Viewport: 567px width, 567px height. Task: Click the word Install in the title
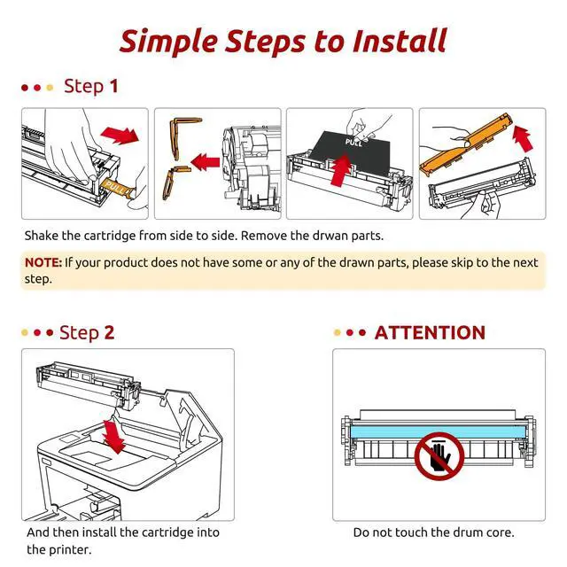(x=400, y=41)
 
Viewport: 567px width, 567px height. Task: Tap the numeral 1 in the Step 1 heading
(x=114, y=87)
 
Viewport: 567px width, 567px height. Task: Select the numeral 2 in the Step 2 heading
(x=109, y=332)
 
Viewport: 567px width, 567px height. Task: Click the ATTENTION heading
(x=430, y=333)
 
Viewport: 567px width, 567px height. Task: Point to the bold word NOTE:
(x=43, y=262)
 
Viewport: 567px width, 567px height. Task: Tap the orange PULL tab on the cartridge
(x=117, y=187)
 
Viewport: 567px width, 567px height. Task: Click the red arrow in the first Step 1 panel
(x=120, y=136)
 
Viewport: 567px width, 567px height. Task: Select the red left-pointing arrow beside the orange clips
(x=205, y=162)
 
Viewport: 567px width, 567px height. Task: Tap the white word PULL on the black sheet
(x=353, y=142)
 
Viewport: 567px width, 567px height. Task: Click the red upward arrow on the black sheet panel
(x=341, y=169)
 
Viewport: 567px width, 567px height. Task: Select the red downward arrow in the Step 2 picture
(x=114, y=437)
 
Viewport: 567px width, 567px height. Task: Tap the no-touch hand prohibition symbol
(x=439, y=456)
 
